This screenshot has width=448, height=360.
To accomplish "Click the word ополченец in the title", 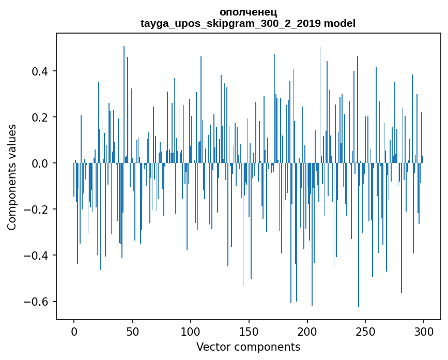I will click(248, 12).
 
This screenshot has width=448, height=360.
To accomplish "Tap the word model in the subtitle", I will click(339, 23).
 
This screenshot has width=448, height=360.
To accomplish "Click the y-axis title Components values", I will click(12, 177).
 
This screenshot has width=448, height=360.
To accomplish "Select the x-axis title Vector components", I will click(248, 347).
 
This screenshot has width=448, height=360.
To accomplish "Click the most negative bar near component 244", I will click(359, 259).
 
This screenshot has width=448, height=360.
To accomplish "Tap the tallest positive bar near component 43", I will click(124, 103).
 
